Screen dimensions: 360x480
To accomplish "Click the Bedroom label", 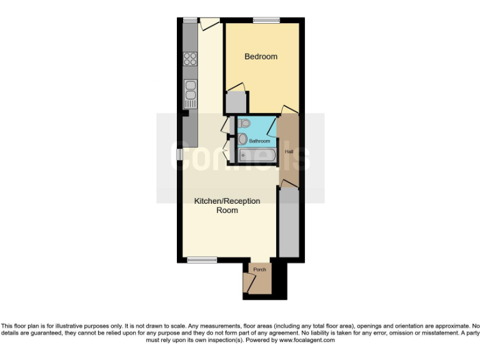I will tap(261, 57).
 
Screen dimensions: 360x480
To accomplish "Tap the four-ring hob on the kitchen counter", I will tap(190, 59).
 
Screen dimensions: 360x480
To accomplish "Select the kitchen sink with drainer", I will tap(190, 94).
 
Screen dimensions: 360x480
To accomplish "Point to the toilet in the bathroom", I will tap(243, 123).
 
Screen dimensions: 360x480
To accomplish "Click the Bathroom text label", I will tap(259, 141).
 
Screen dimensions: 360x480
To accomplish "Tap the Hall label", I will tap(289, 152).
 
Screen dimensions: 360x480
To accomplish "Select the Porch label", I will tap(259, 269).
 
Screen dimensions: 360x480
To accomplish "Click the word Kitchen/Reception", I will tap(227, 201).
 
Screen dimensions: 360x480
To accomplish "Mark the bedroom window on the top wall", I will tap(266, 21).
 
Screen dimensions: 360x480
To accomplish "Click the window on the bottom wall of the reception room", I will tap(202, 259).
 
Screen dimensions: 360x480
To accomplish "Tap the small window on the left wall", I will tap(179, 153).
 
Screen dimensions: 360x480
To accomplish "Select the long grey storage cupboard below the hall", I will tap(288, 222).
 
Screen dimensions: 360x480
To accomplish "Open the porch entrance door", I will tap(250, 284).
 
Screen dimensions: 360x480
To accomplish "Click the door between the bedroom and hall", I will tap(289, 111).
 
